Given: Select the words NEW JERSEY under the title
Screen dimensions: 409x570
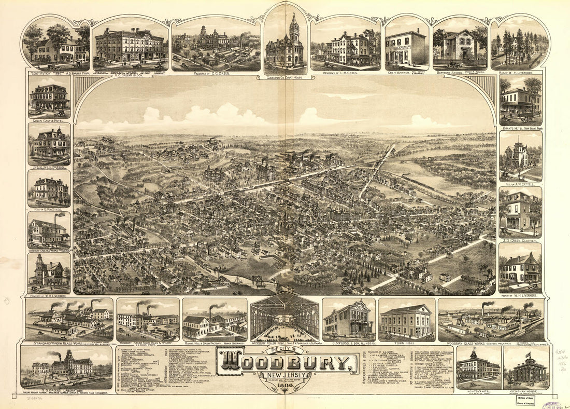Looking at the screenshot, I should point(287,375).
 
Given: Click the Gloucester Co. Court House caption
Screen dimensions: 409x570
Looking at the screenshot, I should point(286,78).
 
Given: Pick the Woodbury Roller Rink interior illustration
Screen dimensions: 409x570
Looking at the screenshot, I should point(284,318).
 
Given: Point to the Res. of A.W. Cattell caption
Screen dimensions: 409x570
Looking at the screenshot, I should point(520,183).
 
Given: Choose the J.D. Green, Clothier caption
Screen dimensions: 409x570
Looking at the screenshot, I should point(520,241).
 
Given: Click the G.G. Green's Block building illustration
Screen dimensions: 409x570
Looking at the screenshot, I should point(130,46).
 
